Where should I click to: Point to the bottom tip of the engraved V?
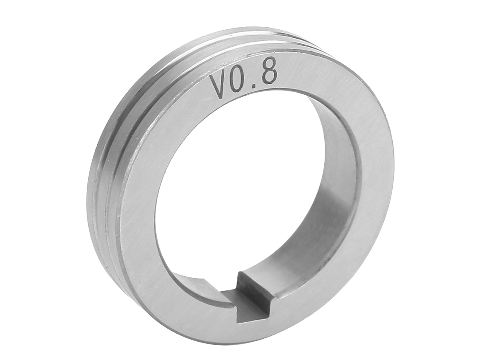(x=222, y=99)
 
